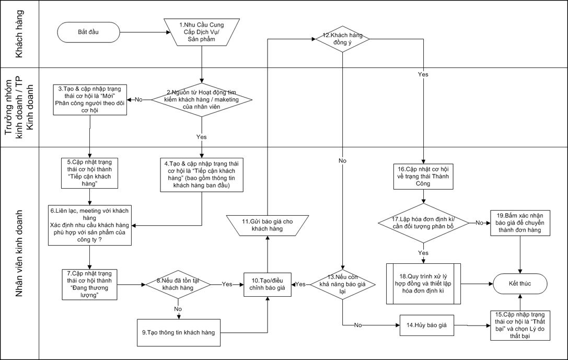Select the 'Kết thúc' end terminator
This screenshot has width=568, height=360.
tap(520, 284)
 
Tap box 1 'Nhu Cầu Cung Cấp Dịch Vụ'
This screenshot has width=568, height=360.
tap(201, 33)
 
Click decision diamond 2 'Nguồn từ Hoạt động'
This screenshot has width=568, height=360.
tap(201, 99)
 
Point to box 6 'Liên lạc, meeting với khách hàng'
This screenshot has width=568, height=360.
tap(89, 225)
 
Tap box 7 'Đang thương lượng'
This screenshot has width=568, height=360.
tap(89, 284)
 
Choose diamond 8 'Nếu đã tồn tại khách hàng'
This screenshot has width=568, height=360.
tap(178, 284)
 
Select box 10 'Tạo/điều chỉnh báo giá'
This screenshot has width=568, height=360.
tap(268, 284)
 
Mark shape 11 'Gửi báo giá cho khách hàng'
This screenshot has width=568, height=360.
tap(268, 225)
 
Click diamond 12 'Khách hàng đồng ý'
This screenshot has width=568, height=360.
tap(342, 39)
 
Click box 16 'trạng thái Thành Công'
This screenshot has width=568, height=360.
tap(423, 176)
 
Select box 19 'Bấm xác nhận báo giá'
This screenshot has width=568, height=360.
tap(520, 222)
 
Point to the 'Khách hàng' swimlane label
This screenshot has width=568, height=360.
tap(19, 34)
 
